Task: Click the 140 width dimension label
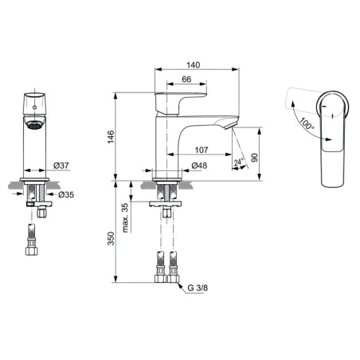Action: pos(193,65)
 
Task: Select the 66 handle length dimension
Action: pos(186,79)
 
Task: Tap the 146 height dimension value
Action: pos(111,137)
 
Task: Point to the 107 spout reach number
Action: pos(202,150)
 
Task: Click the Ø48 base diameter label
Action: pos(199,166)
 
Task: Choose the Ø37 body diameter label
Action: pos(61,166)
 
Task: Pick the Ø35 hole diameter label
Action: pos(66,194)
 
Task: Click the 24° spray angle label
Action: pos(239,162)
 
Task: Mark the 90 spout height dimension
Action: pos(254,158)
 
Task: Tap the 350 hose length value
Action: pos(111,238)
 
